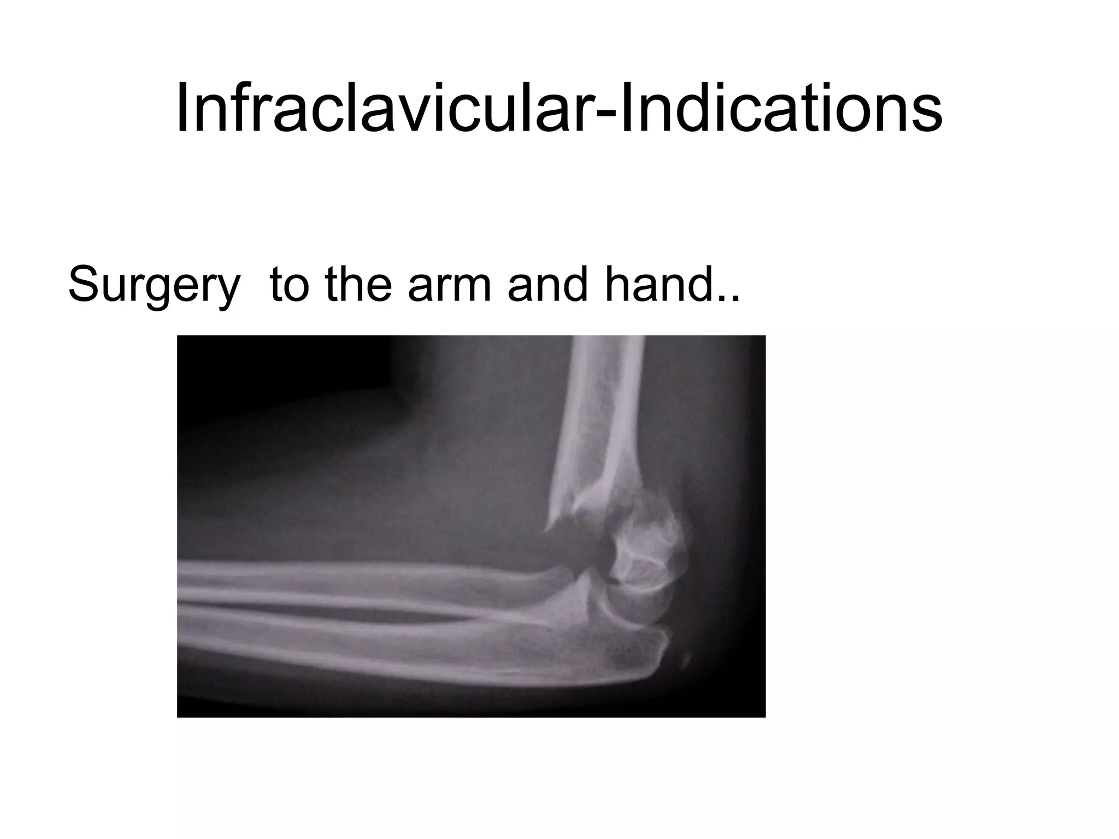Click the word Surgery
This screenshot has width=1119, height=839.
click(x=154, y=286)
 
